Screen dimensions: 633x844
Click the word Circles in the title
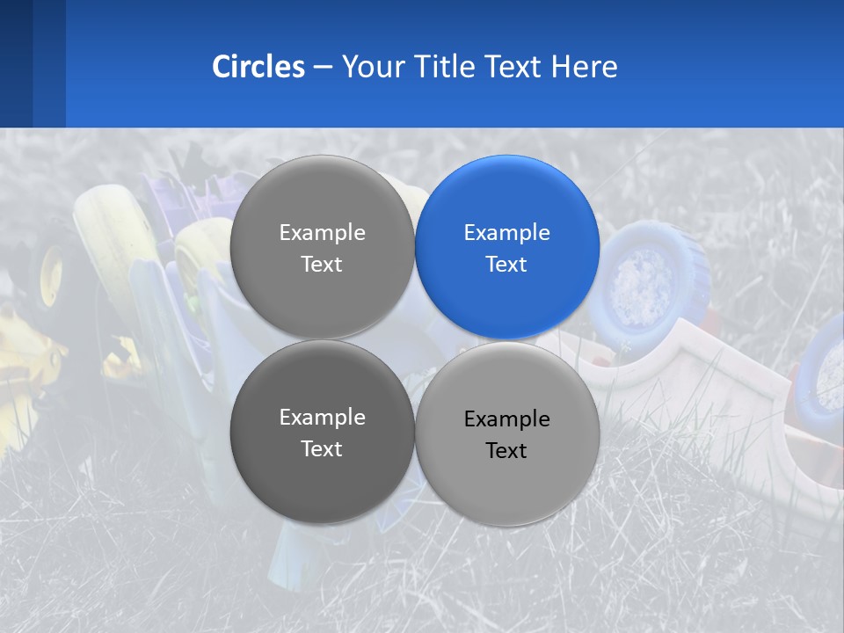(258, 67)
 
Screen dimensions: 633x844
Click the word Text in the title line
(514, 67)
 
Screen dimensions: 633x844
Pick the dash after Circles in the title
(323, 68)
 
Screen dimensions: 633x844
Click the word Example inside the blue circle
(506, 233)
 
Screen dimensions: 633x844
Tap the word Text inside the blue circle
(506, 265)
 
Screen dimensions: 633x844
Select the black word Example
(506, 419)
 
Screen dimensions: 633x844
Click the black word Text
(506, 451)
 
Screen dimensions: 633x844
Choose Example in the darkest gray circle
(322, 418)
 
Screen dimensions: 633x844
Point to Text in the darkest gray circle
(322, 449)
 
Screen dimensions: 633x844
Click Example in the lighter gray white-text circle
(322, 233)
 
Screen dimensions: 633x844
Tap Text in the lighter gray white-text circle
(322, 265)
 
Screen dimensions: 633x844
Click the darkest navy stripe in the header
(16, 63)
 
